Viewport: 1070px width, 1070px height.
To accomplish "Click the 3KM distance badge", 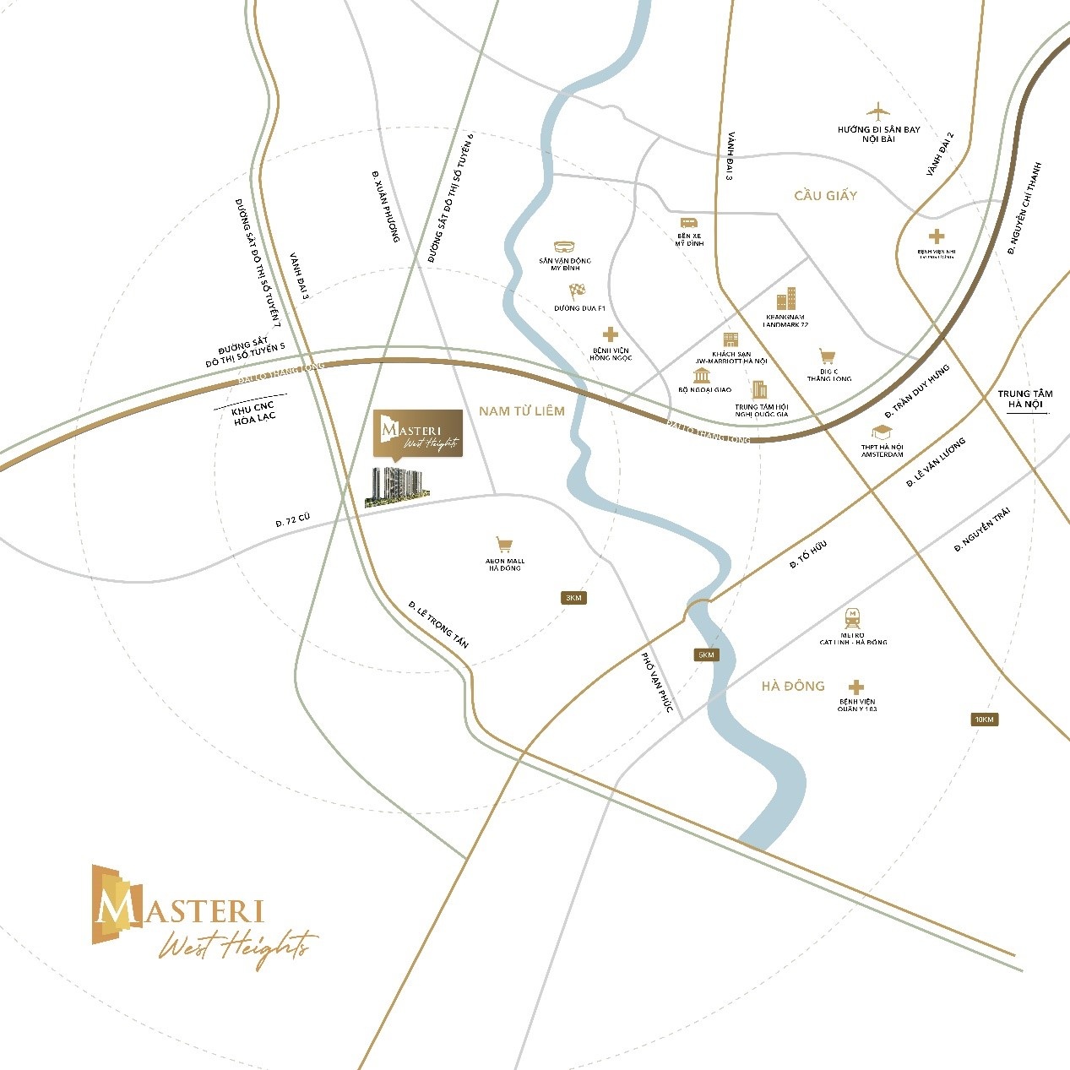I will pos(573,598).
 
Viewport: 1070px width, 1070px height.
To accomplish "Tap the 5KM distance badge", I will pos(706,654).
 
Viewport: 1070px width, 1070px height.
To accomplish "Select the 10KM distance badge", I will pos(985,720).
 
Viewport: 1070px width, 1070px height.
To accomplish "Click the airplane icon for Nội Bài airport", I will pos(878,111).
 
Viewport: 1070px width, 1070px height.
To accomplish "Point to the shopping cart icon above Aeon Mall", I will pos(504,545).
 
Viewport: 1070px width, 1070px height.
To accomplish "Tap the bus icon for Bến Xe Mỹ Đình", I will pos(688,223).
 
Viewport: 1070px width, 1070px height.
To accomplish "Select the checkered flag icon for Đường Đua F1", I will pos(578,292).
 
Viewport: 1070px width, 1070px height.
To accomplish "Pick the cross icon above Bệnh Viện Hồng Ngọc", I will pos(610,334).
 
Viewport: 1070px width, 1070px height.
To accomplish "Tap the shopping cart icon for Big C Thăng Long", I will pos(828,356).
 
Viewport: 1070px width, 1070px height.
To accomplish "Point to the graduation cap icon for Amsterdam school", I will pos(882,432).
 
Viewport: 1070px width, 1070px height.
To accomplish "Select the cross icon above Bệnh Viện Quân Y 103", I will pos(856,687).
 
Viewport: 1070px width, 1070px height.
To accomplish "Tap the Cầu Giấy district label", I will pos(825,195).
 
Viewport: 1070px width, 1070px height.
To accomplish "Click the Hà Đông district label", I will pos(792,686).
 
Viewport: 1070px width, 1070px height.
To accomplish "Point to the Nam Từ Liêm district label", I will pos(521,410).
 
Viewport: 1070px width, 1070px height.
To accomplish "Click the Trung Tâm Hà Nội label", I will pos(1025,399).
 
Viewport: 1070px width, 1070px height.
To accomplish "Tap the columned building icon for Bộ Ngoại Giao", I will pos(702,375).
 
